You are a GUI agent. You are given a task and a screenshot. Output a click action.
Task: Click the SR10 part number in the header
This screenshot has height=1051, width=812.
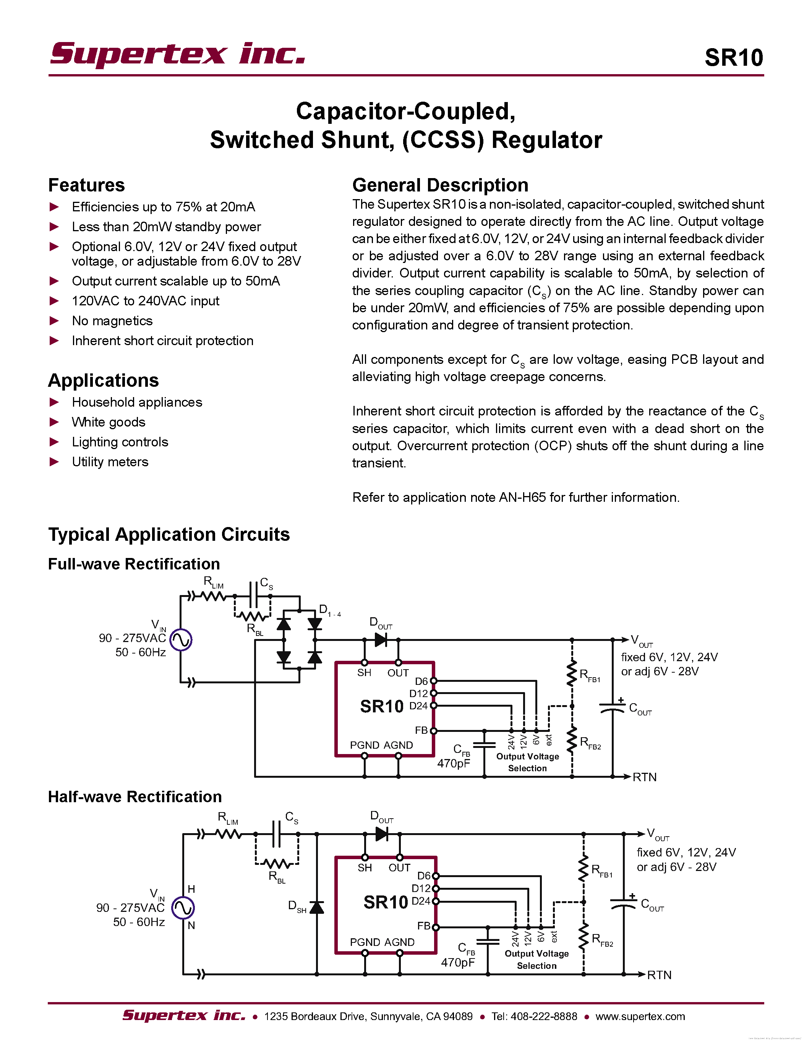733,58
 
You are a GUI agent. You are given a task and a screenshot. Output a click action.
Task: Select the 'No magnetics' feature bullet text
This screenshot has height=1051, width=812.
112,321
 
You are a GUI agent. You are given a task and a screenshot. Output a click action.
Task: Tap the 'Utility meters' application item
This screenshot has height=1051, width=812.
110,462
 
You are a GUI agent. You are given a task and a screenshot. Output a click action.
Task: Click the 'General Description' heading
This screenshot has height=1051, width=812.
440,185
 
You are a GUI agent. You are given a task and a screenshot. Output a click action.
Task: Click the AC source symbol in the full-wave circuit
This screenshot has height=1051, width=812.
182,640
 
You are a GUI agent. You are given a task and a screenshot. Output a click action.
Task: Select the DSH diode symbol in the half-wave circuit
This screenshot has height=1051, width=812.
316,908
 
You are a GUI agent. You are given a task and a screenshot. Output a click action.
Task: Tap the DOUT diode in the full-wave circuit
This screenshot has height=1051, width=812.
381,639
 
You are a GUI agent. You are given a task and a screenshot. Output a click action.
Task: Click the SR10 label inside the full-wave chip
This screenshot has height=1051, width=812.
381,706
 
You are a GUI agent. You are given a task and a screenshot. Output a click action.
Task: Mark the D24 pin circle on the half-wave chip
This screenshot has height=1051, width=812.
435,901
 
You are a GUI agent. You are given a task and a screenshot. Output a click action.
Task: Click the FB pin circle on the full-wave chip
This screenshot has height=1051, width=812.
433,730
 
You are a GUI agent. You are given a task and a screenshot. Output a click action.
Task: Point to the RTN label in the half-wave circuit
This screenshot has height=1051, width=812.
659,975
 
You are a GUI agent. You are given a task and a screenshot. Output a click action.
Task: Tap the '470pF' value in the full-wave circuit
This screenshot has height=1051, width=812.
453,763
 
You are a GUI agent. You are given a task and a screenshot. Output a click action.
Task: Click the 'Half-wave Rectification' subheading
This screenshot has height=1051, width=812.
135,797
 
